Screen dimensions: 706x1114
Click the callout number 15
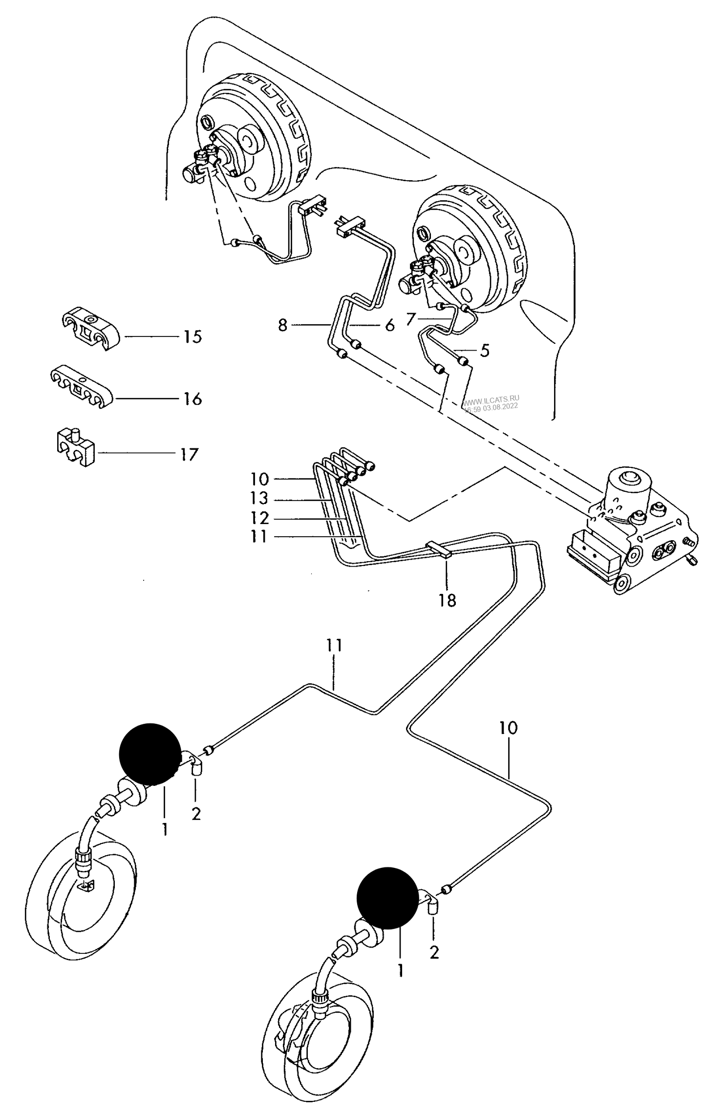193,336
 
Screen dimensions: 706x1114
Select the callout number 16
193,399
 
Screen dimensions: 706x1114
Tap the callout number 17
189,455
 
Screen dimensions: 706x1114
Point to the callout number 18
447,600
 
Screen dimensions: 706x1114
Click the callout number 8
282,325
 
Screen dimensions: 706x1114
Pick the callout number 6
389,325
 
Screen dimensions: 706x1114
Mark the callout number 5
484,351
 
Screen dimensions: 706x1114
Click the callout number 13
259,498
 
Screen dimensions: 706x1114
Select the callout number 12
259,518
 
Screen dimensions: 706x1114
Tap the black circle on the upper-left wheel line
150,754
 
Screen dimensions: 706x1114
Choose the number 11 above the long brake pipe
334,645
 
